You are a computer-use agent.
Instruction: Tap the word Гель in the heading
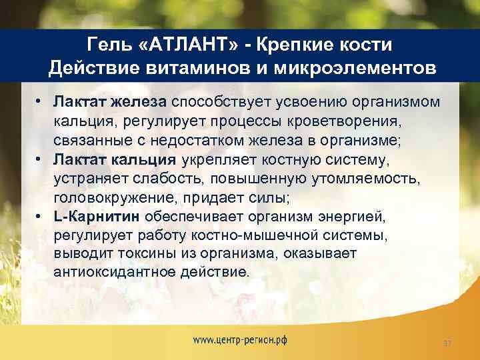click(x=109, y=45)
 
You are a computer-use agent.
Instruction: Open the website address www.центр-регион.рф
click(x=239, y=339)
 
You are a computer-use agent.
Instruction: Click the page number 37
click(x=447, y=343)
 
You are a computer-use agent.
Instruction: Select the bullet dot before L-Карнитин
click(x=41, y=216)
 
